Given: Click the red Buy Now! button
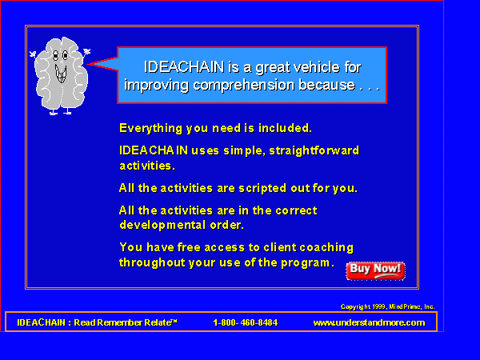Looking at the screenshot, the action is pos(376,271).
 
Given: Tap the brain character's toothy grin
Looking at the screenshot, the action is pos(61,74).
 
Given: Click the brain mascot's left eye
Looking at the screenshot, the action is pos(55,55).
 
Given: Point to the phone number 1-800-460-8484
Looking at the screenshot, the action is pos(246,322).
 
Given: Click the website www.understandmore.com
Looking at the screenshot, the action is pos(369,322).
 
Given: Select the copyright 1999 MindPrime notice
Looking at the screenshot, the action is pos(387,306).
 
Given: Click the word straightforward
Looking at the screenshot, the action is pos(314,150).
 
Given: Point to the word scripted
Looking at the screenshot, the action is pos(262,188).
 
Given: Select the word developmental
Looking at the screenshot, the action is pos(162,226).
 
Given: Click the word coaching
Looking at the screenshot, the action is pos(326,248).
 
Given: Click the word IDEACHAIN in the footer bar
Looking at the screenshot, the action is pos(41,322).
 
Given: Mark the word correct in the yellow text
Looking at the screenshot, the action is pos(296,210).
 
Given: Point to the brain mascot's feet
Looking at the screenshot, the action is pos(60,111).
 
